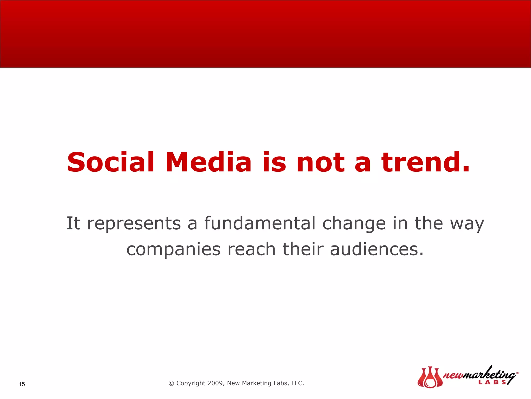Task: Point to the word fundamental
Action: (x=260, y=223)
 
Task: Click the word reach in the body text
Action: (x=251, y=249)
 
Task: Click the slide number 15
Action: (x=22, y=384)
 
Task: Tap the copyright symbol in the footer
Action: (x=171, y=383)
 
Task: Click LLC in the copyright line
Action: (x=297, y=383)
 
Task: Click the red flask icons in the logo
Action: (x=430, y=377)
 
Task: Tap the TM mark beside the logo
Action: (x=517, y=373)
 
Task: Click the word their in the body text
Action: (x=303, y=249)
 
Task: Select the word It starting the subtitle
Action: (x=73, y=223)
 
